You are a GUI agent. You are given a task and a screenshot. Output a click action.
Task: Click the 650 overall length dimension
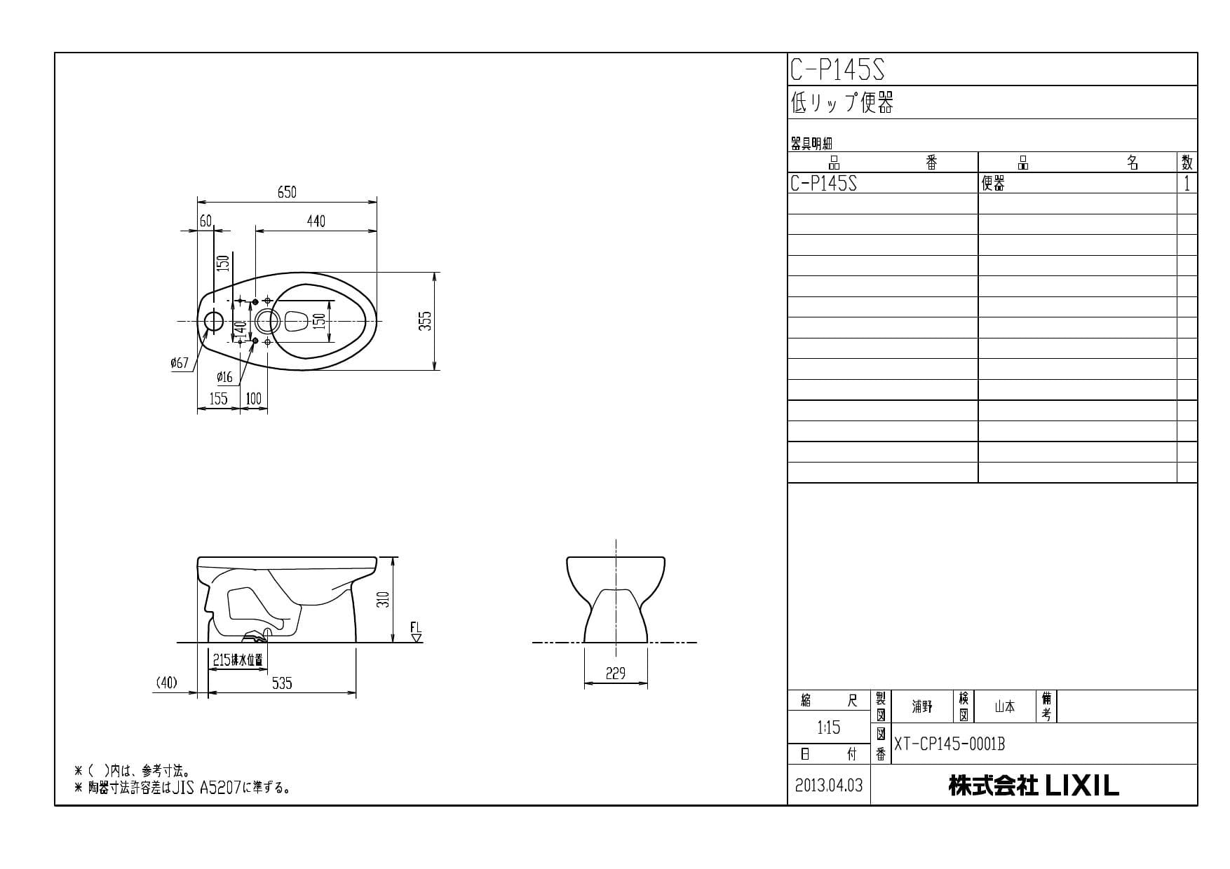(x=287, y=192)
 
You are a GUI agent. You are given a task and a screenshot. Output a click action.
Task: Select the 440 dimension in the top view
(x=316, y=221)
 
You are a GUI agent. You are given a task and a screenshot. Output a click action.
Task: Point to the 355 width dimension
(x=426, y=321)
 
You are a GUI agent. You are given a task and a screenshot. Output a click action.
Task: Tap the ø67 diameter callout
(x=180, y=363)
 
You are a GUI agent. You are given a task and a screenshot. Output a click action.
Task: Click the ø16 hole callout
(x=224, y=378)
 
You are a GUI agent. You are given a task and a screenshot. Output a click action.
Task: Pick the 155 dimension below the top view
(x=218, y=399)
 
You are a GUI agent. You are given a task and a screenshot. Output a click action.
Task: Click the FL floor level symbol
(x=416, y=631)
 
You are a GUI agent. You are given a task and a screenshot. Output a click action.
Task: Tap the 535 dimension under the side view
(x=282, y=683)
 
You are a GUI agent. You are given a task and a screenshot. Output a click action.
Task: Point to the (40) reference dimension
(x=166, y=682)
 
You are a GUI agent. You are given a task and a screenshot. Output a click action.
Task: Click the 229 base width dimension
(x=615, y=673)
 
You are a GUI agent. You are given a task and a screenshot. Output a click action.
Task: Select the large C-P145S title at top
(x=837, y=70)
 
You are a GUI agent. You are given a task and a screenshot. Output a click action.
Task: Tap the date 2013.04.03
(x=829, y=786)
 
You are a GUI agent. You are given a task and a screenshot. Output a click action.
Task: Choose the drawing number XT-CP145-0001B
(x=949, y=744)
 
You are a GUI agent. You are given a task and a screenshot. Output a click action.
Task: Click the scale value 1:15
(x=828, y=728)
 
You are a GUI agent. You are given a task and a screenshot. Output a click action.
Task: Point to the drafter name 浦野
(x=922, y=706)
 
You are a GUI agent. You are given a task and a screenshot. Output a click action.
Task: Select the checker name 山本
(x=1005, y=706)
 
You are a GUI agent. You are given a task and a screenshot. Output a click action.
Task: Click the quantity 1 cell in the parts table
(x=1187, y=184)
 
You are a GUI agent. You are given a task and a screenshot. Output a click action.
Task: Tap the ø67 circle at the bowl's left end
(x=213, y=322)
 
